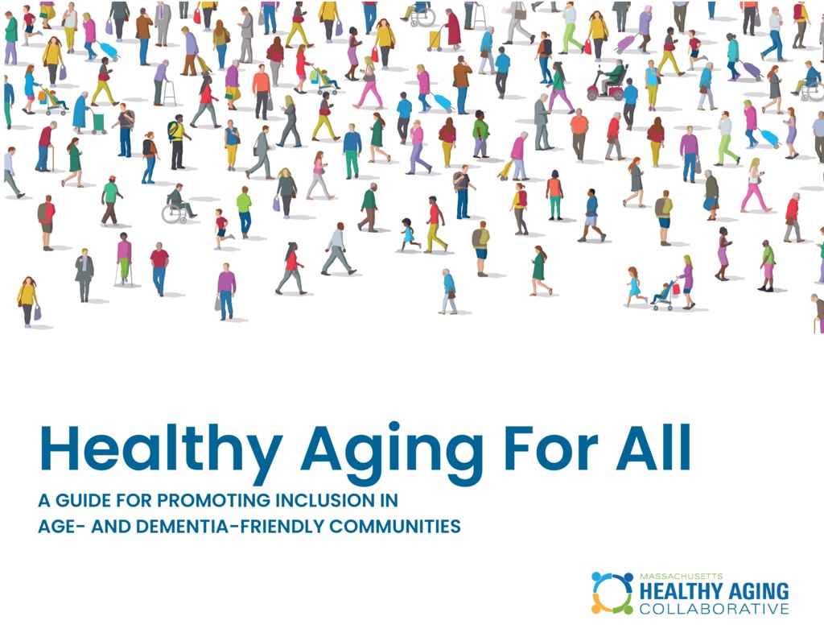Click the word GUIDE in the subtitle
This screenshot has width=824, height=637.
pos(84,500)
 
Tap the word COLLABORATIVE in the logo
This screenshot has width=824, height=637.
pos(715,609)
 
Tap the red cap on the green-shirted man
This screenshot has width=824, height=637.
pos(111,179)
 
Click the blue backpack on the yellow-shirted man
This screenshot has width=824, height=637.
pos(171,130)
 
